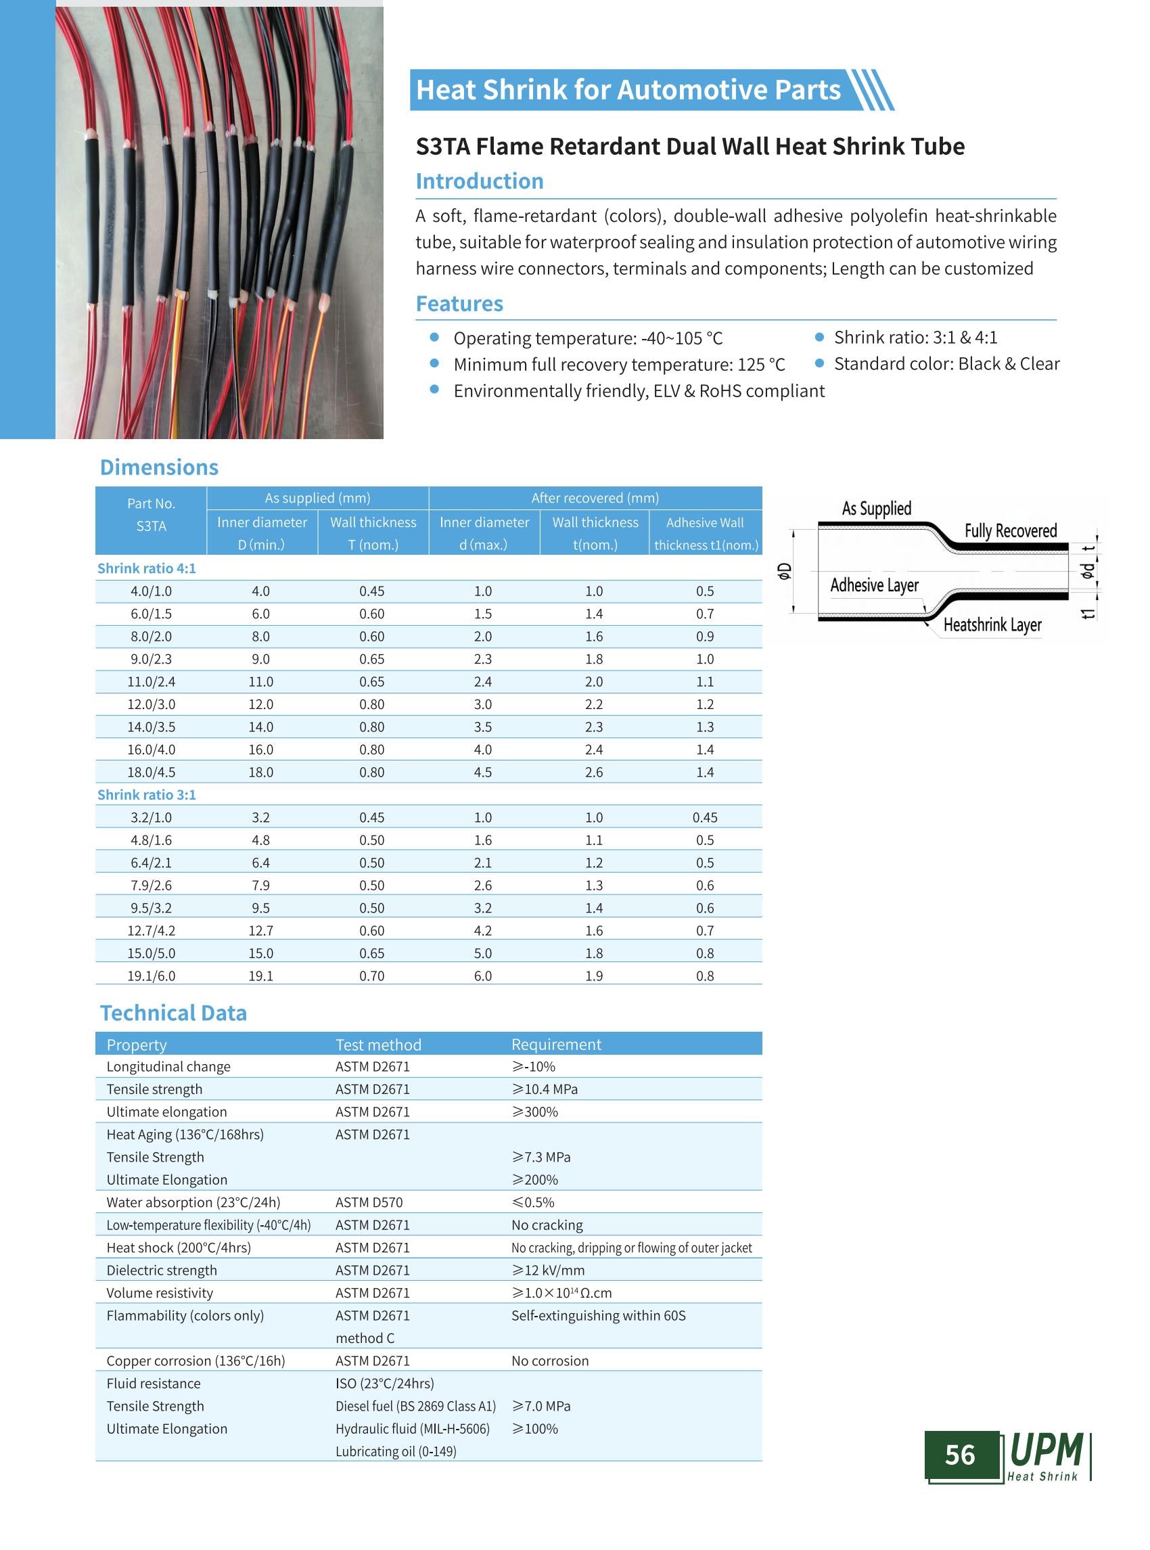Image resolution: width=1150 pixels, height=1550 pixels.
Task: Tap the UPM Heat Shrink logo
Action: [1048, 1455]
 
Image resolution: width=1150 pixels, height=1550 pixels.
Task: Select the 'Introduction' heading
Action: [479, 182]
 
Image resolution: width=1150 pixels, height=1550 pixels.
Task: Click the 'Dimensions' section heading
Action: [159, 468]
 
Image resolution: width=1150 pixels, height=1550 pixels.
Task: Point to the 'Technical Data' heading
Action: [173, 1013]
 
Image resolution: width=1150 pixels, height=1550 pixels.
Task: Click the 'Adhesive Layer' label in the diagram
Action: [873, 586]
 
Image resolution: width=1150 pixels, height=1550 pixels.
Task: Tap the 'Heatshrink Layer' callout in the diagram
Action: [992, 625]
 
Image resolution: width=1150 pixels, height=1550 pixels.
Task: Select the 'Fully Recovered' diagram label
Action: [1010, 531]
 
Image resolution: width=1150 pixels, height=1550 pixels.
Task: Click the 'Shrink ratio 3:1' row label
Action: [146, 795]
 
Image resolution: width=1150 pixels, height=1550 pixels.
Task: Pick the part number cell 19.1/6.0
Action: [151, 976]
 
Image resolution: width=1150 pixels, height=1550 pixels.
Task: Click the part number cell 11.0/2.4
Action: [151, 683]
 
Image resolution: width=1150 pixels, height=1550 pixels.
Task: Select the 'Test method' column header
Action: [378, 1045]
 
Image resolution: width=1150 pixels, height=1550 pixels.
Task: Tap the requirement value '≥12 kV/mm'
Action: [548, 1271]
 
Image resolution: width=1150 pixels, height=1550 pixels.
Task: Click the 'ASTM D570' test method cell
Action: [369, 1202]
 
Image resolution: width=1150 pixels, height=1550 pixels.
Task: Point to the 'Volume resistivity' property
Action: [160, 1293]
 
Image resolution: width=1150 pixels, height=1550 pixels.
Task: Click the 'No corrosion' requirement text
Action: [550, 1361]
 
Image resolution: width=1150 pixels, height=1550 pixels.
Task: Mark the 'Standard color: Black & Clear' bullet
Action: [946, 364]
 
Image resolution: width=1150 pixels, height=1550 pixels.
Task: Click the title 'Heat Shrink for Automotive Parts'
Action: [628, 91]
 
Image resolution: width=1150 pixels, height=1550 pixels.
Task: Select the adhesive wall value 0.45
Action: [704, 818]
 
